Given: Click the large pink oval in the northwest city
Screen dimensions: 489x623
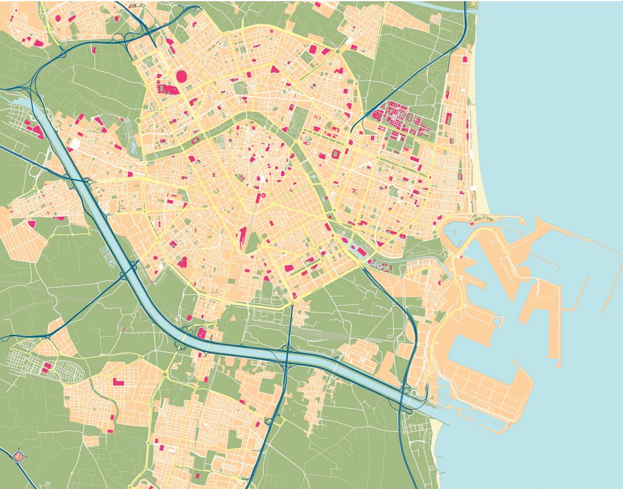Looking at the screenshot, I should coord(181,76).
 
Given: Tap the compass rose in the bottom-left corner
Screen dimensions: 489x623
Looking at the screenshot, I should coord(18,455).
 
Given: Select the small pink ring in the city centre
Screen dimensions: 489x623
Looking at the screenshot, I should coord(263,196).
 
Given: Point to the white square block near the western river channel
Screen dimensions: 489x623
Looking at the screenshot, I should coord(75,144).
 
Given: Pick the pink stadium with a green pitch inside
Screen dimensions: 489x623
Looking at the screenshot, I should coord(336,155).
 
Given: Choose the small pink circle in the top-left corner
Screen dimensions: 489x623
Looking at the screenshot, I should coord(58,18).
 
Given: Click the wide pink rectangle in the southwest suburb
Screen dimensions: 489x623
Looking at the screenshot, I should coord(117,382).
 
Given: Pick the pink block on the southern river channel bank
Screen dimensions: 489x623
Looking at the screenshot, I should coord(201,333).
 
